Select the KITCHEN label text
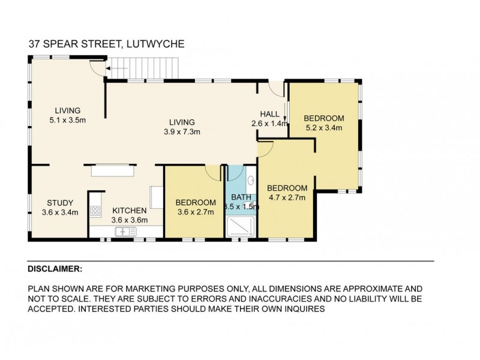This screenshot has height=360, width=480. tap(129, 211)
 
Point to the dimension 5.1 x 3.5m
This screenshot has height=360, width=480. tap(68, 120)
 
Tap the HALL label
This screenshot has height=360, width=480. tap(269, 114)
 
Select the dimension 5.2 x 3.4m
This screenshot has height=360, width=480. tap(323, 128)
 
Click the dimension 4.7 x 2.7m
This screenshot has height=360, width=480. tap(287, 197)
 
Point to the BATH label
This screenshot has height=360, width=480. tap(241, 196)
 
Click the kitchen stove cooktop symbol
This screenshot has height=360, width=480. tap(95, 211)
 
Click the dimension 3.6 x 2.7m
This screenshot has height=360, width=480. tap(195, 212)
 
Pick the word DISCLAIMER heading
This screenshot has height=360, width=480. tap(55, 269)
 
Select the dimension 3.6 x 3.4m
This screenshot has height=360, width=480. tap(60, 212)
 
